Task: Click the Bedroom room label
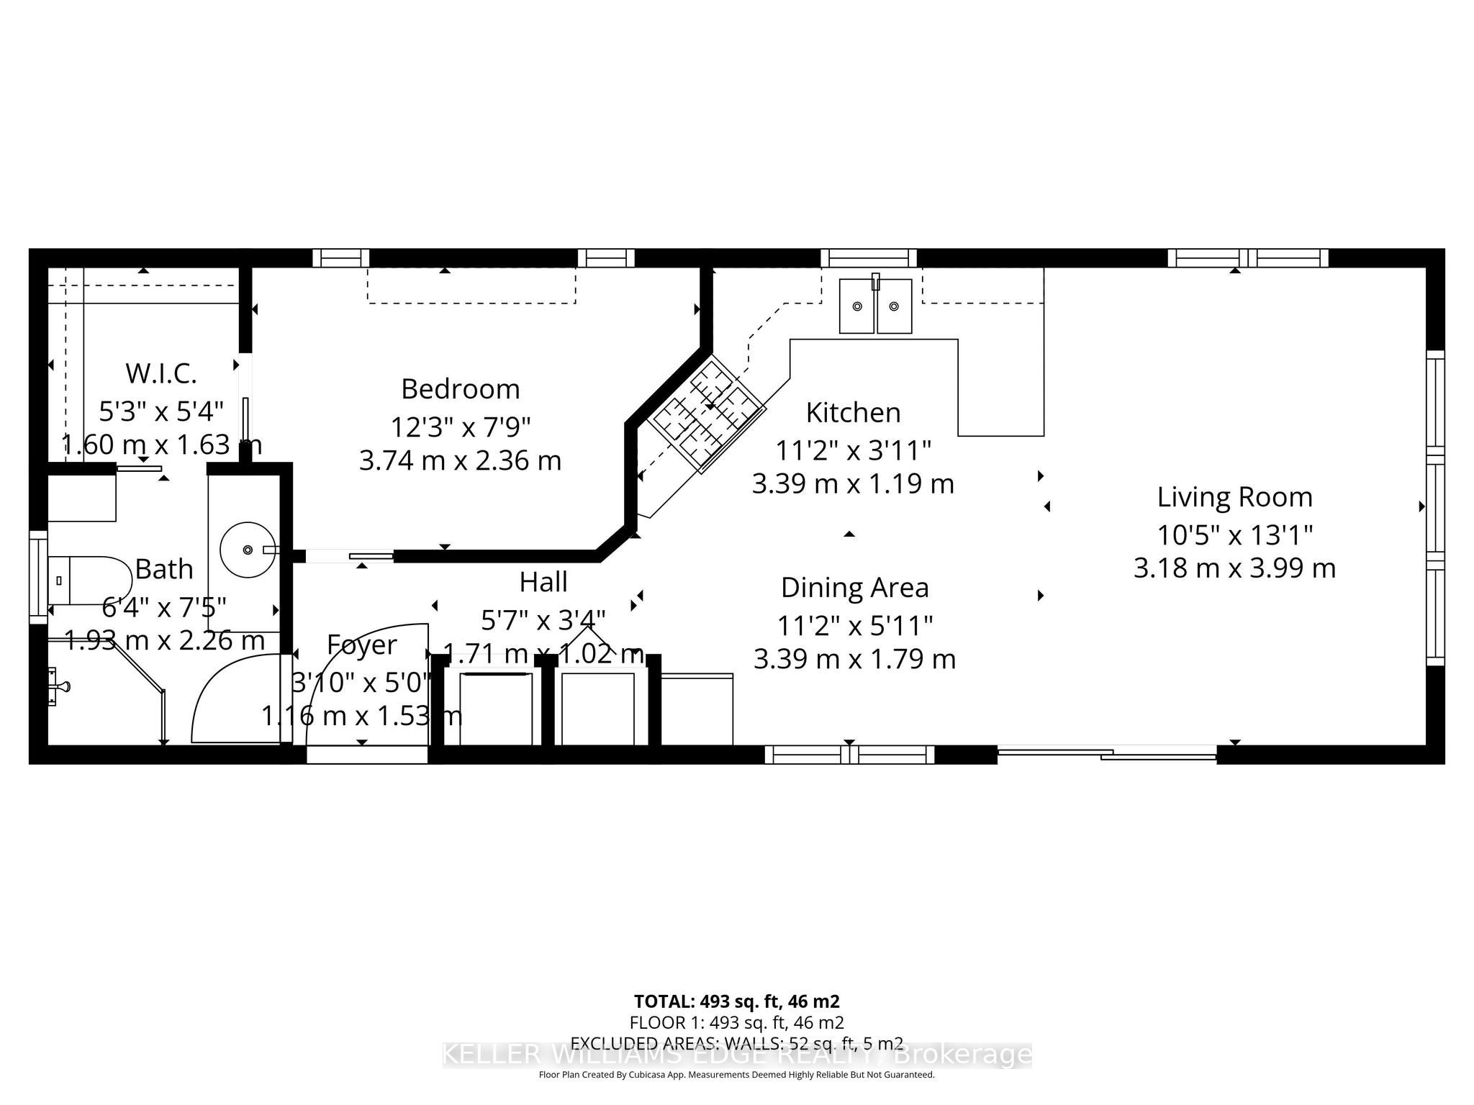pos(460,389)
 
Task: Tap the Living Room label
pos(1234,497)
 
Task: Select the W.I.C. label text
pos(161,373)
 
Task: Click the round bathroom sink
pos(247,550)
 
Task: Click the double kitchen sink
pos(875,306)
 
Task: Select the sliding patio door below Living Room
pos(1106,753)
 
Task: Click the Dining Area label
pos(854,588)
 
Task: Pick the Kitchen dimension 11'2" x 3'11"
pos(853,451)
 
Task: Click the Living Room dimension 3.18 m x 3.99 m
pos(1234,568)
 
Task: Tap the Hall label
pos(543,582)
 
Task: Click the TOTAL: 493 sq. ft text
pos(736,1001)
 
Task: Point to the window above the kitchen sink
pos(868,258)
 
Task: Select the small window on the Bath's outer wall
pos(37,577)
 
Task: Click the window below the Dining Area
pos(849,754)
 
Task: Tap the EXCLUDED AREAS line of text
pos(736,1043)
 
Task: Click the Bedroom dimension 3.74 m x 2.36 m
pos(460,460)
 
